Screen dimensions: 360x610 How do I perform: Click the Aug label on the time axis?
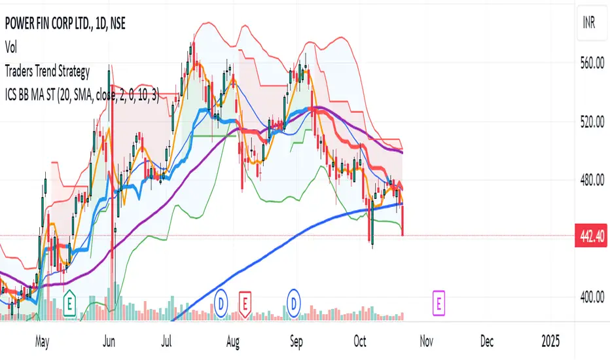point(233,341)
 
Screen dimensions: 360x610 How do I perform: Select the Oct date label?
point(358,341)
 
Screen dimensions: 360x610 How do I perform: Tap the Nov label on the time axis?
point(426,341)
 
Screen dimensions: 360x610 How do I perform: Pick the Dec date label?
point(487,341)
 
